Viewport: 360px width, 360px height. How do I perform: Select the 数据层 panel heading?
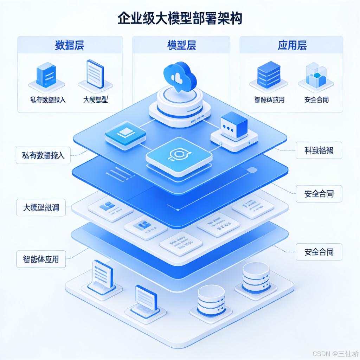pos(70,45)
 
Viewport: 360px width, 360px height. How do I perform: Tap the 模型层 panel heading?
pos(181,45)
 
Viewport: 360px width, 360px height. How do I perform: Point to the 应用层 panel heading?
pos(292,45)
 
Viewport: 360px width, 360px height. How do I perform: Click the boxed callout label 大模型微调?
pos(38,208)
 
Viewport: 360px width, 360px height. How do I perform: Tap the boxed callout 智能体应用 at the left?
pos(38,259)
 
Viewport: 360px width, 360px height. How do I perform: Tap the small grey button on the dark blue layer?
pos(252,170)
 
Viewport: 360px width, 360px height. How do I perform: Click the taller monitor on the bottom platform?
pos(102,275)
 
